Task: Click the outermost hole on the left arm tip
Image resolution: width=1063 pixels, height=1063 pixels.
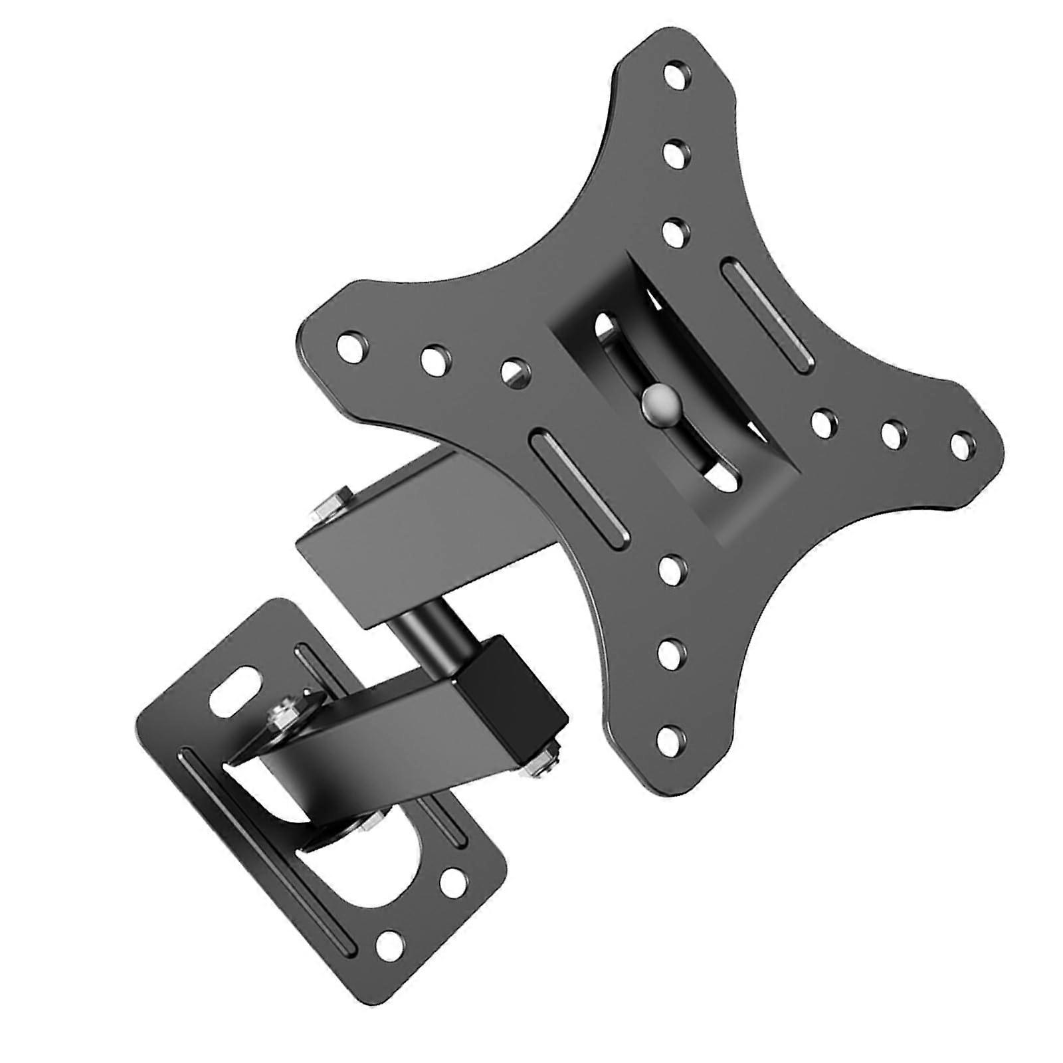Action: tap(350, 347)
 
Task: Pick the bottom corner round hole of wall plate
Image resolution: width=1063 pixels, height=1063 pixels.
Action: tap(387, 942)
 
